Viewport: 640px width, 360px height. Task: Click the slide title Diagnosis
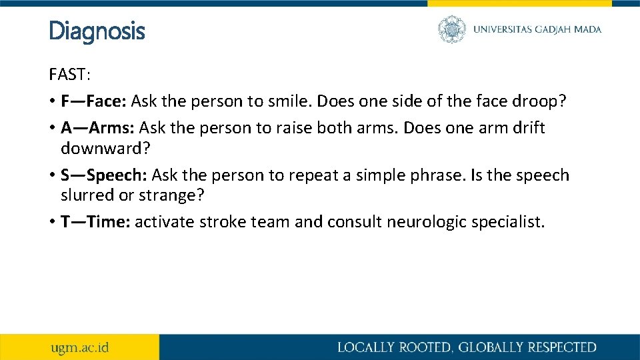click(97, 31)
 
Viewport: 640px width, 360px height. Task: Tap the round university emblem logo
click(452, 29)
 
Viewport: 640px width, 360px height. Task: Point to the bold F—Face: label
click(94, 101)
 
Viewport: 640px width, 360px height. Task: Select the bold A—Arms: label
click(98, 127)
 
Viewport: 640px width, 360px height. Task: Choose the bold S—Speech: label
click(105, 175)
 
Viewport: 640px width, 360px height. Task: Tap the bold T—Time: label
click(96, 222)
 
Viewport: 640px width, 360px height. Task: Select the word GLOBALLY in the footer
click(488, 347)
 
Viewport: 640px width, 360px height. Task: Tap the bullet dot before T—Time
click(52, 223)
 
